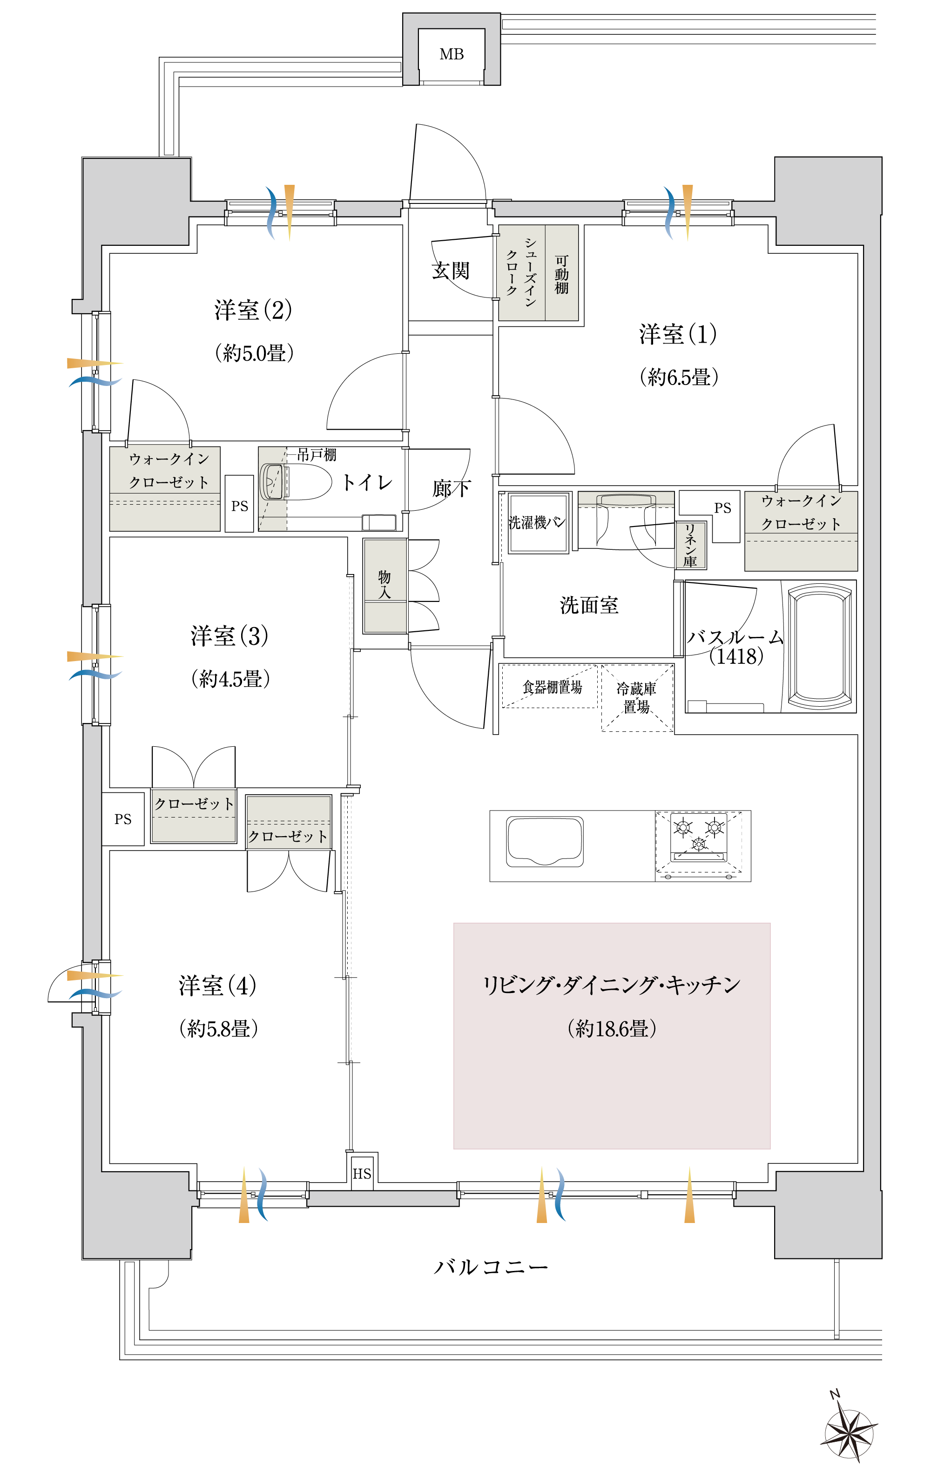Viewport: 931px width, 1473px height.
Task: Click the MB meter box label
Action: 452,54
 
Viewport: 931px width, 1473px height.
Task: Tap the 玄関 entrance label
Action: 451,270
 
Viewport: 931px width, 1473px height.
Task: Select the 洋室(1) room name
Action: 678,334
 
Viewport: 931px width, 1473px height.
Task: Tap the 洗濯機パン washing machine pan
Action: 538,522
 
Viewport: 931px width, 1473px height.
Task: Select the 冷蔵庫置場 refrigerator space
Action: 637,698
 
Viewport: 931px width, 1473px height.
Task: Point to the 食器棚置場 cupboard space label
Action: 552,687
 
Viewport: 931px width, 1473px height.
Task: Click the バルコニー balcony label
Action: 491,1267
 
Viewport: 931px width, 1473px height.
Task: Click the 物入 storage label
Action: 384,584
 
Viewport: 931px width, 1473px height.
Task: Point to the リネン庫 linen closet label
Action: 690,545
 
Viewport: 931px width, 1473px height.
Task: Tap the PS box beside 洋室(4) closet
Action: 123,819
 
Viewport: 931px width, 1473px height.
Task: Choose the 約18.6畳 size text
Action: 612,1028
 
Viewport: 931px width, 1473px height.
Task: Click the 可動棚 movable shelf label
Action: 561,275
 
